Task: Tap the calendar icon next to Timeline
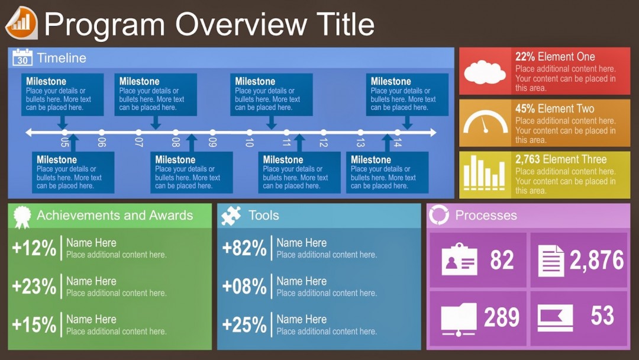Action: pyautogui.click(x=22, y=57)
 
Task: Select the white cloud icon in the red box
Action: pyautogui.click(x=485, y=72)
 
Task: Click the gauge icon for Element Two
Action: pyautogui.click(x=485, y=123)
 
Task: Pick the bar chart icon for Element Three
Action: pyautogui.click(x=485, y=173)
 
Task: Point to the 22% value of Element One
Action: pyautogui.click(x=525, y=57)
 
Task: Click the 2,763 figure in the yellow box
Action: pyautogui.click(x=527, y=159)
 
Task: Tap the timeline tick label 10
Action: pyautogui.click(x=249, y=142)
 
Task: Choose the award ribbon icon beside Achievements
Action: pyautogui.click(x=22, y=216)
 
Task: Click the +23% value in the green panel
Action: pyautogui.click(x=34, y=287)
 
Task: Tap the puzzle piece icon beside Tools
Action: pyautogui.click(x=231, y=216)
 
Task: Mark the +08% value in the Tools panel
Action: pyautogui.click(x=244, y=287)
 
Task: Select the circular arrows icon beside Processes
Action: pyautogui.click(x=439, y=215)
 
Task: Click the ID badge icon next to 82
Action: pyautogui.click(x=459, y=260)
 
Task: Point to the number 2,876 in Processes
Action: pyautogui.click(x=596, y=261)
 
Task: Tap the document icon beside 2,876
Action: pyautogui.click(x=551, y=261)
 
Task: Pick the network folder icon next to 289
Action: pyautogui.click(x=459, y=319)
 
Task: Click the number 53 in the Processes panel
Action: pyautogui.click(x=602, y=316)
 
